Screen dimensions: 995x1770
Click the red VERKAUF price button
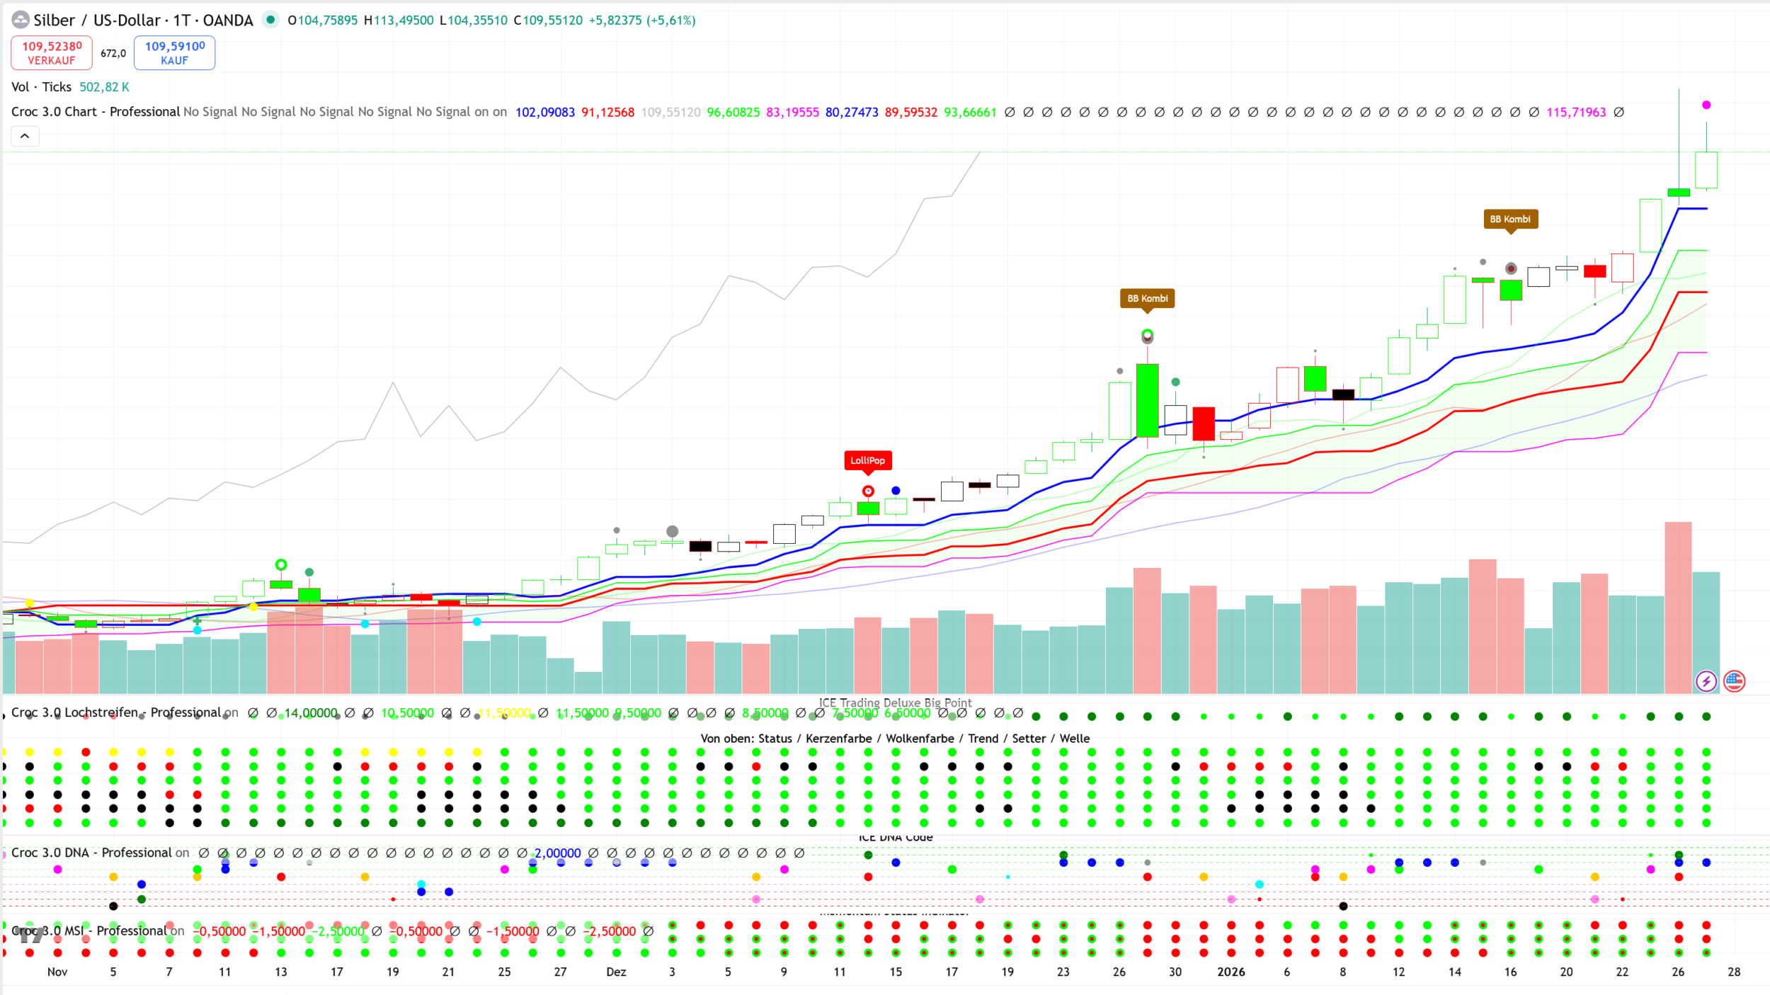coord(52,53)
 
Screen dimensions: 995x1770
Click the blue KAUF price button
coord(175,53)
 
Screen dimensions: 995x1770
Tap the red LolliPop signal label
coord(867,460)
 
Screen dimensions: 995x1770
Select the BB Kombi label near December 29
coord(1147,298)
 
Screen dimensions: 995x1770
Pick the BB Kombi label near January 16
coord(1510,219)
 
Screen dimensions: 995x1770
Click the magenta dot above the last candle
coord(1706,105)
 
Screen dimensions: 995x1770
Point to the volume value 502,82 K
coord(104,87)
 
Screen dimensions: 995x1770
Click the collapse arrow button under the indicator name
coord(25,136)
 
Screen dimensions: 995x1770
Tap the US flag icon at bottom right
coord(1734,681)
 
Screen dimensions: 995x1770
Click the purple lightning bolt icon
coord(1706,681)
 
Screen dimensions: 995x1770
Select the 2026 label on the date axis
coord(1231,972)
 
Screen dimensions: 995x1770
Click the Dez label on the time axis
coord(616,972)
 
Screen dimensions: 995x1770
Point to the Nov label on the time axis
coord(57,972)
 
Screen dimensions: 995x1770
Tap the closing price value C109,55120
coord(548,21)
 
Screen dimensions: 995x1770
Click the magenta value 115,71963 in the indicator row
coord(1576,112)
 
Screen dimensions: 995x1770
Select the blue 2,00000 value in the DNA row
coord(558,853)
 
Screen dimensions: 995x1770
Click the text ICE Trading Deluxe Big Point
coord(895,703)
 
